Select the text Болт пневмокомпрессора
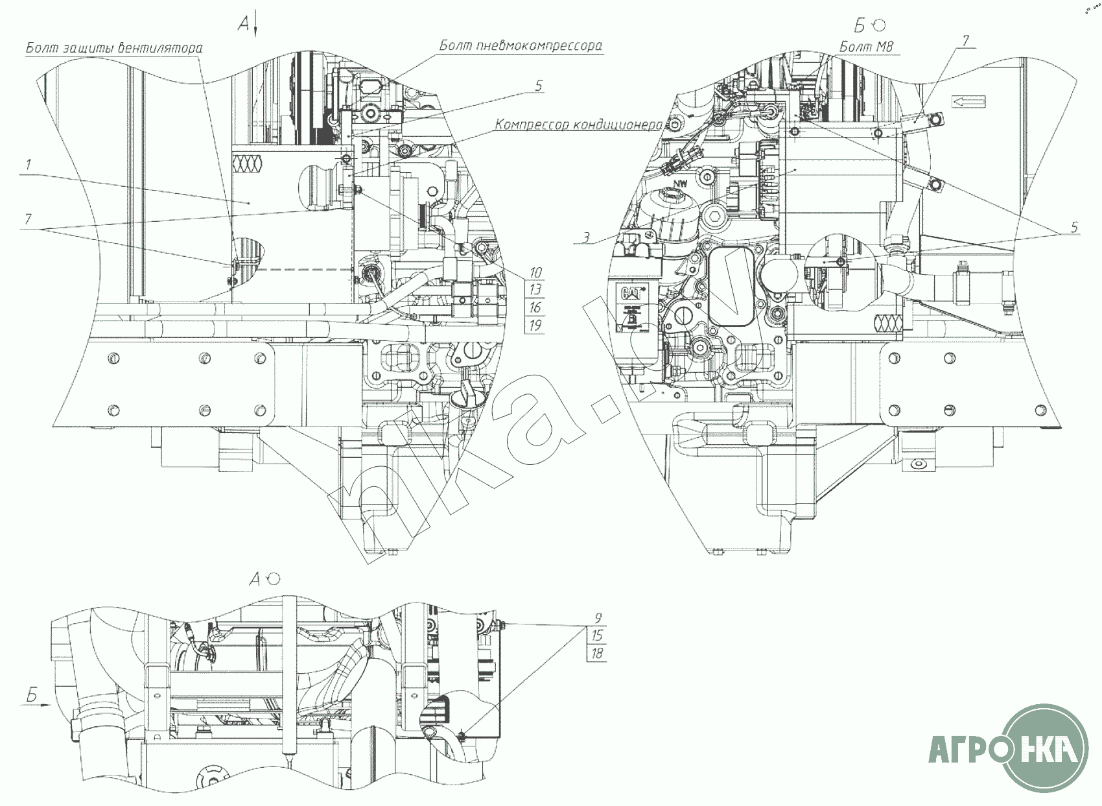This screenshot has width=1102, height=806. pyautogui.click(x=521, y=45)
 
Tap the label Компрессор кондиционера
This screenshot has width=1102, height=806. pyautogui.click(x=578, y=124)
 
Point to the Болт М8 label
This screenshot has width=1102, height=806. pyautogui.click(x=867, y=46)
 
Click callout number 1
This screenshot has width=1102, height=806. pyautogui.click(x=29, y=165)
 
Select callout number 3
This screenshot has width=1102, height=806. pyautogui.click(x=585, y=239)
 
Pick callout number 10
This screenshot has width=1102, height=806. pyautogui.click(x=535, y=272)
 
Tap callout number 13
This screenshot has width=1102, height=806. pyautogui.click(x=535, y=290)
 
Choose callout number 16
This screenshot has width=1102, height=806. pyautogui.click(x=535, y=307)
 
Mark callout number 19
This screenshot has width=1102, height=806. pyautogui.click(x=535, y=325)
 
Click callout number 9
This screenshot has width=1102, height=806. pyautogui.click(x=597, y=619)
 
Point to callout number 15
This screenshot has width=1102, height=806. pyautogui.click(x=597, y=636)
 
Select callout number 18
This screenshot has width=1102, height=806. pyautogui.click(x=597, y=653)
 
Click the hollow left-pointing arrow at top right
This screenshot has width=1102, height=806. pyautogui.click(x=968, y=101)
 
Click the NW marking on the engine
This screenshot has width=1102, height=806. pyautogui.click(x=679, y=184)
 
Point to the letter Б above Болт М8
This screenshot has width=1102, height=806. pyautogui.click(x=860, y=26)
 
